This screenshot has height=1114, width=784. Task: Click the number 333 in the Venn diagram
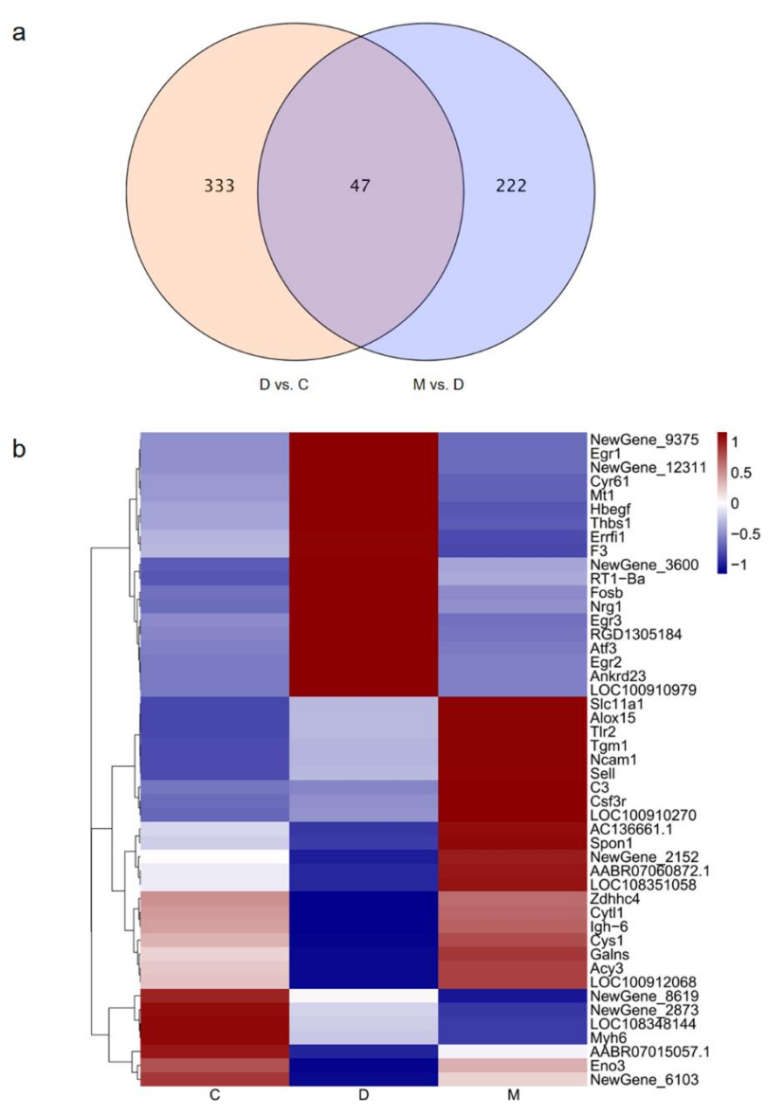click(x=219, y=187)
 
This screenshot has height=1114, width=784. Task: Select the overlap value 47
click(x=360, y=187)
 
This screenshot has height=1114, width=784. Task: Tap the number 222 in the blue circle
click(x=510, y=187)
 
